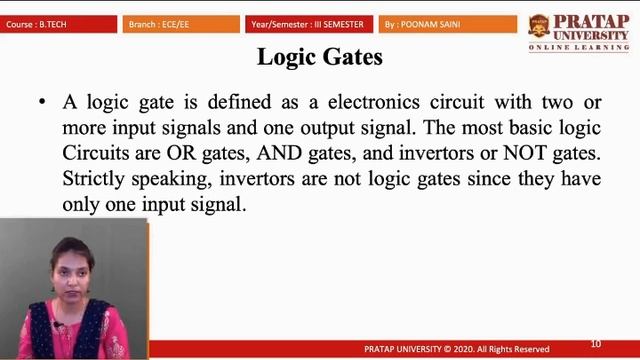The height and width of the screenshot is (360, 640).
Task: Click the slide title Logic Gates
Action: coord(319,57)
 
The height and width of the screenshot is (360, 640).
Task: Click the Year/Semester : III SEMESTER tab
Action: coord(309,23)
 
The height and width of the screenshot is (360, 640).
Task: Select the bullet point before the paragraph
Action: coord(42,102)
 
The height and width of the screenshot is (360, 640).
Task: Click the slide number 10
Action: coord(596,344)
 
